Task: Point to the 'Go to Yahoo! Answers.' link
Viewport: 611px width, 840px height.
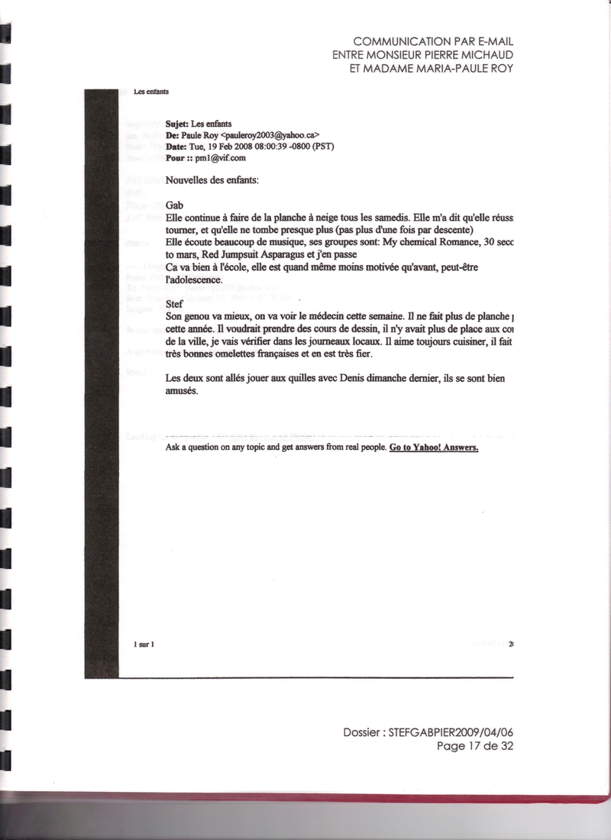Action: pos(434,447)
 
